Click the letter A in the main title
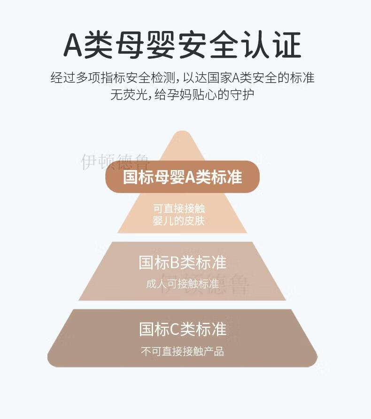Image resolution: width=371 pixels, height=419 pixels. [x=73, y=45]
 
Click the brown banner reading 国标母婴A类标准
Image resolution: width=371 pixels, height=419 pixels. [x=182, y=177]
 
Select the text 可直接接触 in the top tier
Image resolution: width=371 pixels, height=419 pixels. [x=179, y=209]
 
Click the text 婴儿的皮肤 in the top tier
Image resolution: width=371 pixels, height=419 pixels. [x=179, y=221]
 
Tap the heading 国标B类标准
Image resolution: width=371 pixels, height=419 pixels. [x=182, y=262]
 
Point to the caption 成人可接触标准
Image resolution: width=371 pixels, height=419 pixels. [x=182, y=284]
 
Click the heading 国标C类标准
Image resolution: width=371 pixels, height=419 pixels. [x=182, y=329]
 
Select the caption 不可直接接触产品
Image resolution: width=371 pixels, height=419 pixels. [x=182, y=351]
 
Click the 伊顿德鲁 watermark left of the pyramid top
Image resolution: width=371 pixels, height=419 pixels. [x=115, y=162]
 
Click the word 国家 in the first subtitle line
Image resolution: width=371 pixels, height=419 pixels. [x=219, y=78]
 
